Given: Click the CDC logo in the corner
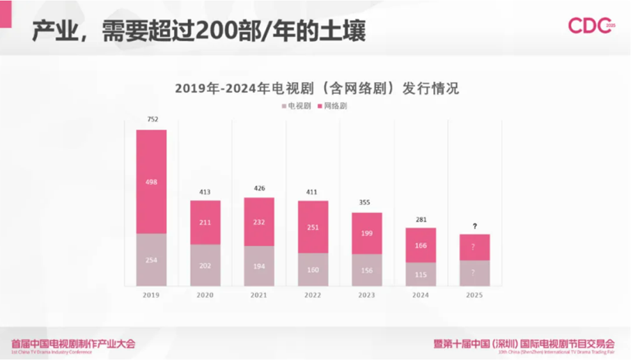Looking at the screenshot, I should click(591, 26).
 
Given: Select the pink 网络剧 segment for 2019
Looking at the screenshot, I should click(151, 182).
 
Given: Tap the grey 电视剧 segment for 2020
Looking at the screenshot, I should click(205, 265).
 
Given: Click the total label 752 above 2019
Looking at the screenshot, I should click(153, 120).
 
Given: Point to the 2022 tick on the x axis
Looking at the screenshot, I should click(313, 295).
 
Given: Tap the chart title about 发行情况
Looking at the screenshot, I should click(316, 88).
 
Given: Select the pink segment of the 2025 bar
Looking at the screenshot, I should click(474, 247).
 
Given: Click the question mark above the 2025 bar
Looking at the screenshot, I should click(474, 226).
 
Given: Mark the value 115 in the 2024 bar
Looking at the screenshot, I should click(421, 274).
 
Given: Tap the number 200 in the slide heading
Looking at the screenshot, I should click(213, 31).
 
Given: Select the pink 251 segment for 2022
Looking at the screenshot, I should click(313, 227).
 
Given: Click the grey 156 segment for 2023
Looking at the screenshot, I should click(366, 270).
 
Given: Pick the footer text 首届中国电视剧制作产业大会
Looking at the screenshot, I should click(73, 343).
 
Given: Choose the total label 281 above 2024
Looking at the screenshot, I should click(421, 219).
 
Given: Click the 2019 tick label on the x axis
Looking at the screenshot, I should click(151, 295).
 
